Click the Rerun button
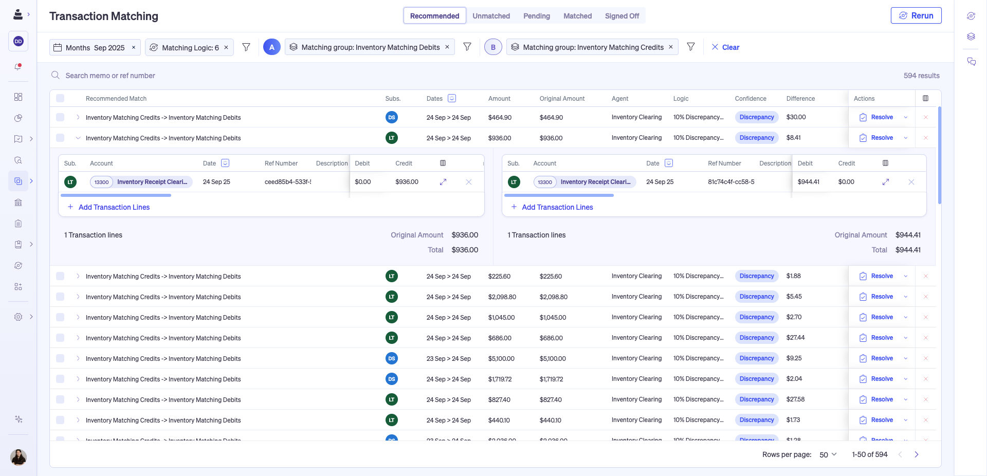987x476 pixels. click(x=916, y=15)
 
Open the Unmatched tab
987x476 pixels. click(x=491, y=16)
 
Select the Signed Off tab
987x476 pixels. click(x=622, y=16)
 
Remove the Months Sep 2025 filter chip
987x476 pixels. click(x=134, y=47)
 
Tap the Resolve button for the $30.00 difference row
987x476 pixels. click(x=877, y=117)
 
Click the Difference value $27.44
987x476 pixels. click(x=795, y=338)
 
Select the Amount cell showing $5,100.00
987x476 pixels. click(x=501, y=358)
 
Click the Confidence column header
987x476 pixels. click(x=750, y=99)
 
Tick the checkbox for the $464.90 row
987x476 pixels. click(x=60, y=117)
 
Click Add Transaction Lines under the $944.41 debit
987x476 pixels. click(x=557, y=207)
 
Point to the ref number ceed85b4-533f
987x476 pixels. click(x=287, y=182)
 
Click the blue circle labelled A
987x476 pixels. click(x=272, y=47)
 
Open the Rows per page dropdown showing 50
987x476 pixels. click(x=828, y=454)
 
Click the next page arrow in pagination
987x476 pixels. click(x=916, y=454)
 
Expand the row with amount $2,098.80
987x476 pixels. click(x=78, y=297)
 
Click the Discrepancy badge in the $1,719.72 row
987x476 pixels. click(x=756, y=379)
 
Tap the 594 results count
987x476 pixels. click(x=921, y=76)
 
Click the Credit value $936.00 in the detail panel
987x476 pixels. click(x=407, y=182)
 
